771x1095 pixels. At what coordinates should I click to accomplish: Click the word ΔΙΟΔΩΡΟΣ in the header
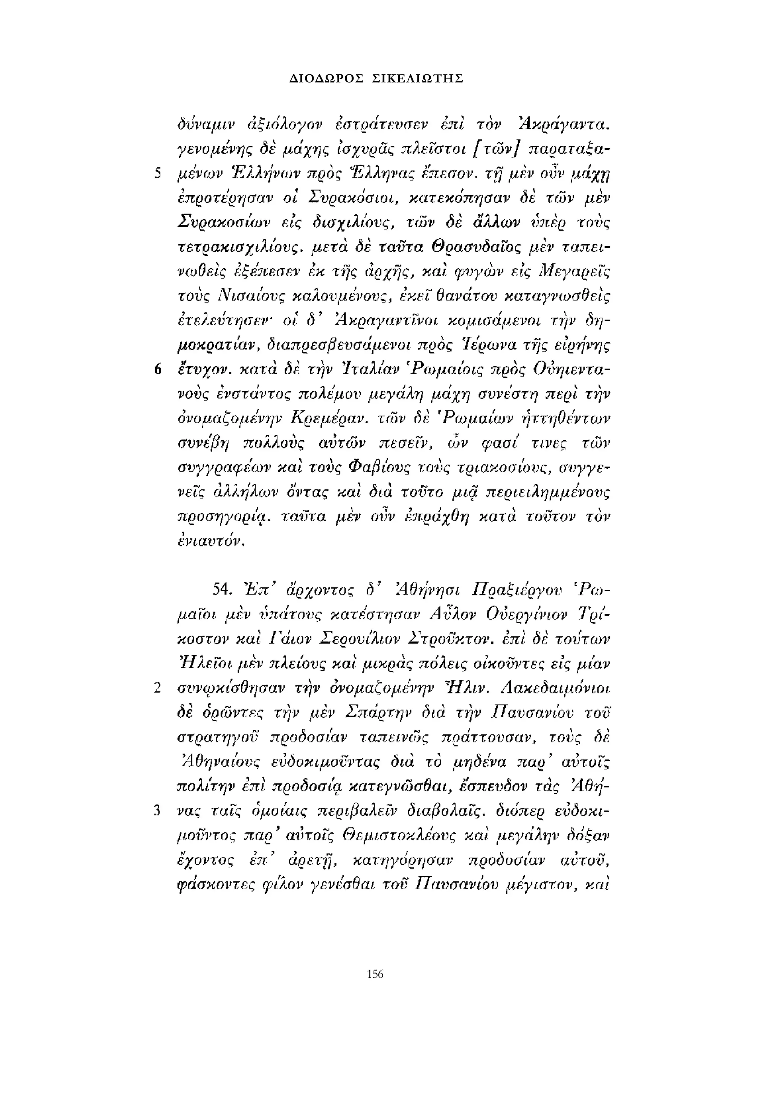[326, 79]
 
